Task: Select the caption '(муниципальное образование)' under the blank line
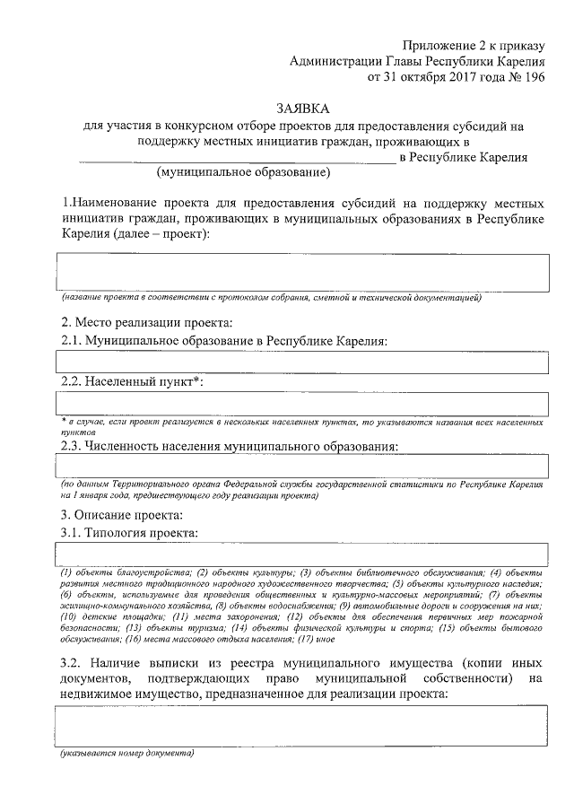tap(243, 172)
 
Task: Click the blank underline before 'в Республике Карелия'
tap(237, 160)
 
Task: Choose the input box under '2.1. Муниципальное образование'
tap(302, 362)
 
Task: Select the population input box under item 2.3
tap(302, 465)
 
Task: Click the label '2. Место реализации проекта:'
tap(146, 322)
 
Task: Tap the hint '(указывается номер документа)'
tap(126, 754)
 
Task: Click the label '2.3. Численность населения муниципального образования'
tap(229, 444)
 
